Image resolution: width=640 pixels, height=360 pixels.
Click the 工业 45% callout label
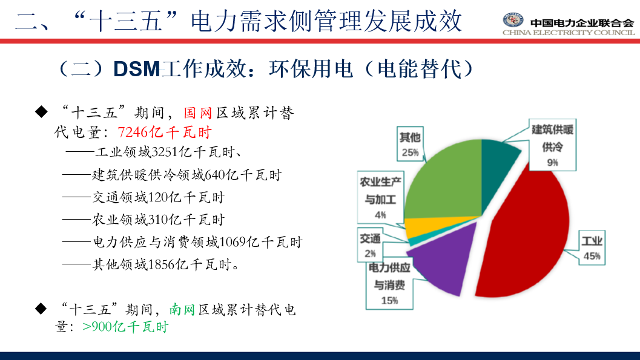click(592, 248)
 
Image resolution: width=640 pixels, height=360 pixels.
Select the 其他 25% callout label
click(410, 143)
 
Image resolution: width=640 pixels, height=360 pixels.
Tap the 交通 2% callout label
click(370, 244)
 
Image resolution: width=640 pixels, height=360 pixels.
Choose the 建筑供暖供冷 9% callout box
click(552, 145)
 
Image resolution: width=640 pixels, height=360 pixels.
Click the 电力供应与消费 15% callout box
click(389, 284)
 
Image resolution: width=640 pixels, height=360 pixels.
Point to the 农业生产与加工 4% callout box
click(380, 197)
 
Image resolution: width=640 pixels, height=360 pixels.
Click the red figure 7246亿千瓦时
click(165, 133)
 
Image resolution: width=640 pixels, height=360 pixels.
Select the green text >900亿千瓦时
click(125, 327)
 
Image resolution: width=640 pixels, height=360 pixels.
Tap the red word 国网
click(198, 113)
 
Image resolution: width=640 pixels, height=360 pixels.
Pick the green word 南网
click(182, 310)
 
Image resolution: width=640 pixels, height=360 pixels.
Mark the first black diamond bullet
click(41, 111)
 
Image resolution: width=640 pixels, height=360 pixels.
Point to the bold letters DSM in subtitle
click(137, 69)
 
